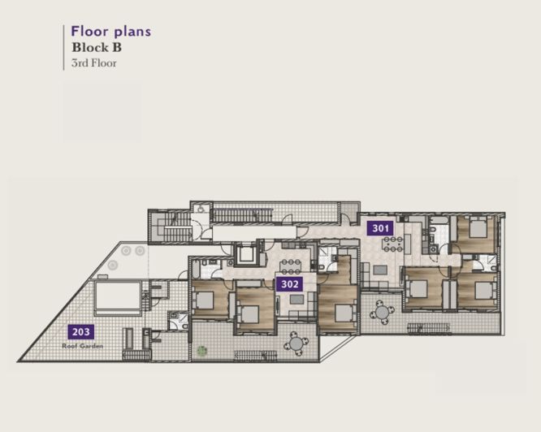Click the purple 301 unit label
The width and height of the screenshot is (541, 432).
pyautogui.click(x=380, y=228)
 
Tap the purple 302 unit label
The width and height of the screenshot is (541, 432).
pyautogui.click(x=289, y=284)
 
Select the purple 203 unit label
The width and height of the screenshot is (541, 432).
pyautogui.click(x=81, y=331)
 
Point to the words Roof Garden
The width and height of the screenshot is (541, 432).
pyautogui.click(x=83, y=346)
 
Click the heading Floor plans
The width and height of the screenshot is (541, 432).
pyautogui.click(x=111, y=32)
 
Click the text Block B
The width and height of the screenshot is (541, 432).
pyautogui.click(x=97, y=47)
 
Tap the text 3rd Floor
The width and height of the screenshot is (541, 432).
pyautogui.click(x=94, y=63)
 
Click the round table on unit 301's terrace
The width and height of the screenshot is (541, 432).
pyautogui.click(x=382, y=313)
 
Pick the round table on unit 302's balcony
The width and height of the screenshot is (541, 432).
pyautogui.click(x=296, y=343)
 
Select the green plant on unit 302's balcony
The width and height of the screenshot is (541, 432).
pyautogui.click(x=201, y=352)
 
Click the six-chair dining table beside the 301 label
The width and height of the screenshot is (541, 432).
pyautogui.click(x=393, y=244)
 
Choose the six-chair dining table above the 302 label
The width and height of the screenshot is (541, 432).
pyautogui.click(x=291, y=266)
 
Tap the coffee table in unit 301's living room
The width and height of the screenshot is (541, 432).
pyautogui.click(x=380, y=270)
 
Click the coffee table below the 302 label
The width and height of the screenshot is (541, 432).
pyautogui.click(x=296, y=299)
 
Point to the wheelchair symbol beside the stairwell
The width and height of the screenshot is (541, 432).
pyautogui.click(x=200, y=208)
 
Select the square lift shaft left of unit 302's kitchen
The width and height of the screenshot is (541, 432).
pyautogui.click(x=245, y=254)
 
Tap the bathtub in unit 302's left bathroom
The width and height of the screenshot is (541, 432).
pyautogui.click(x=196, y=270)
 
